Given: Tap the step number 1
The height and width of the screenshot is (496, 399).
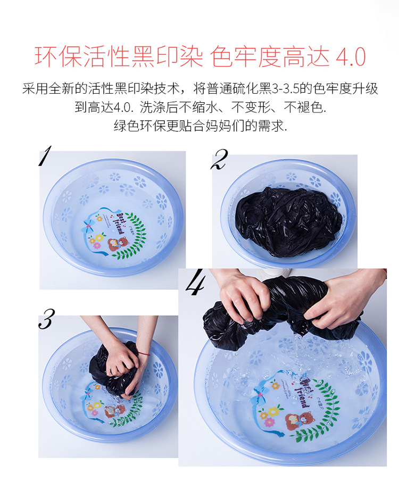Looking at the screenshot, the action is pyautogui.click(x=45, y=155).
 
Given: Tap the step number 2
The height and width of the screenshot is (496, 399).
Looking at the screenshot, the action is pyautogui.click(x=219, y=159).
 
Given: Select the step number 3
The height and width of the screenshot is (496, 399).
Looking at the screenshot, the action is pyautogui.click(x=46, y=319).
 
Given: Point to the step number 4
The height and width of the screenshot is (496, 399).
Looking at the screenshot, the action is pyautogui.click(x=195, y=282).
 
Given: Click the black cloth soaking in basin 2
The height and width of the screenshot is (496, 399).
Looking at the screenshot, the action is pyautogui.click(x=288, y=221).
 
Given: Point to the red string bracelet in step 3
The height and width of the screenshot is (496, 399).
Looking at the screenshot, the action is pyautogui.click(x=144, y=354).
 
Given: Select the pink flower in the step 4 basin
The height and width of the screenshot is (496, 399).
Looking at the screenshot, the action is pyautogui.click(x=269, y=422).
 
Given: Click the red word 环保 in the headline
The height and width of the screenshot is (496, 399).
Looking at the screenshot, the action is pyautogui.click(x=59, y=57).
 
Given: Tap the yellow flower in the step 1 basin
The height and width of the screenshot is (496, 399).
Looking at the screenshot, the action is pyautogui.click(x=99, y=237).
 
